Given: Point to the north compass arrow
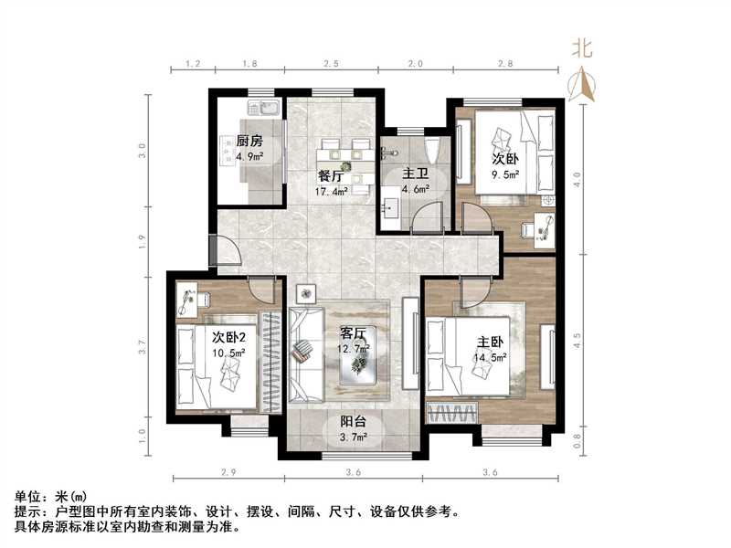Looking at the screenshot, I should pos(582,86).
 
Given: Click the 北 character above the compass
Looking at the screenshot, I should pos(582,48).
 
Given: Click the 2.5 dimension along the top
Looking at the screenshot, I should pos(331,65).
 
